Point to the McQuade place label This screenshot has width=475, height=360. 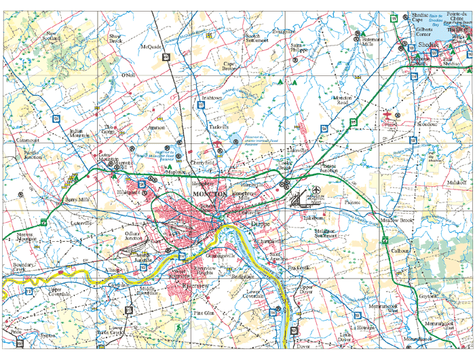(150, 47)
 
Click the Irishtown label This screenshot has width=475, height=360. (211, 98)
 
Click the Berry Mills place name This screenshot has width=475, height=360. (77, 200)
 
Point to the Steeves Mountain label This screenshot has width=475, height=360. (26, 236)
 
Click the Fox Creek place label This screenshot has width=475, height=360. (298, 268)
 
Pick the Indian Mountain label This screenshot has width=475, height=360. (79, 133)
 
